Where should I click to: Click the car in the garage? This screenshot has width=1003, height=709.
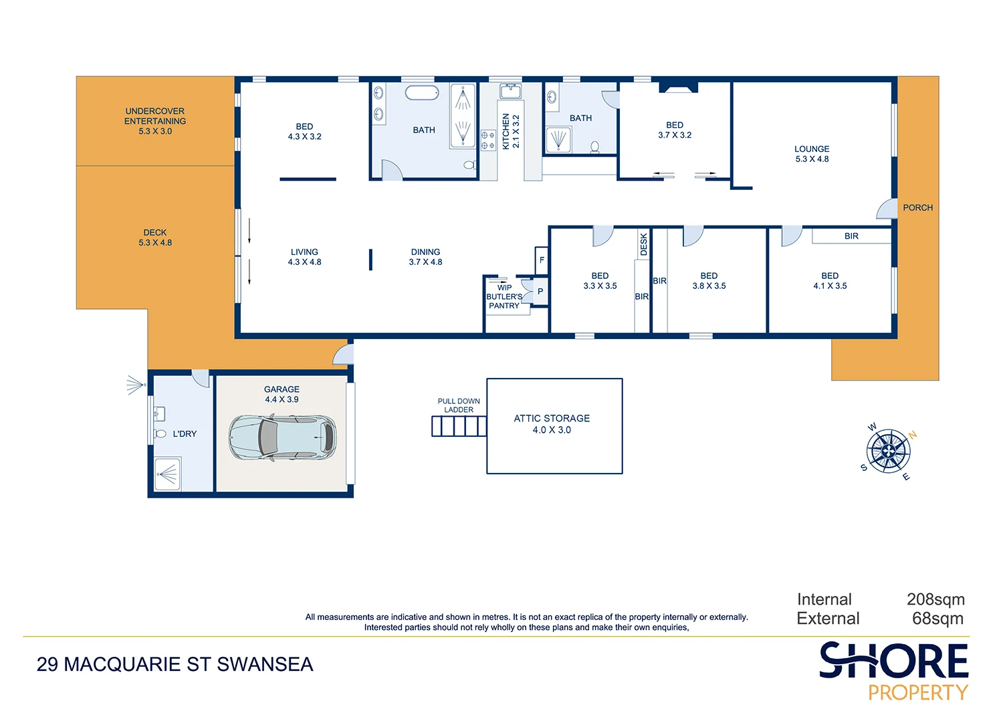(282, 438)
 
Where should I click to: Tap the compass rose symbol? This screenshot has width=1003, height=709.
(888, 452)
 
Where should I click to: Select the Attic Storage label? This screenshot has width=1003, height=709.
(552, 423)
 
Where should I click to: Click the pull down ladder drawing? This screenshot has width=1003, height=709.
(459, 426)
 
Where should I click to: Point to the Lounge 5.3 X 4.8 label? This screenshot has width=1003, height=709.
(812, 154)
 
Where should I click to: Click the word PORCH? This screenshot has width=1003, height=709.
(917, 208)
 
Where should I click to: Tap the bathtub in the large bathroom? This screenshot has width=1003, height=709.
(422, 92)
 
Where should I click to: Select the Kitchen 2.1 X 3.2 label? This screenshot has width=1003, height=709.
(511, 131)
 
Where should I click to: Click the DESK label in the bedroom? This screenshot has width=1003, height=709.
(643, 244)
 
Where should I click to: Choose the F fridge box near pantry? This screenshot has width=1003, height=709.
(542, 260)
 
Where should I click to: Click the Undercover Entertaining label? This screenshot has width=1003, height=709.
(155, 121)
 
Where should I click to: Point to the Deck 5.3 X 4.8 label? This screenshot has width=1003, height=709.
(155, 237)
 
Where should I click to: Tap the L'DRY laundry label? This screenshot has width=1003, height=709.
(185, 434)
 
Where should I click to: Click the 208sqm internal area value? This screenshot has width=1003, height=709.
(935, 599)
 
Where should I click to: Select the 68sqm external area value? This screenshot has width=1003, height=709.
(937, 619)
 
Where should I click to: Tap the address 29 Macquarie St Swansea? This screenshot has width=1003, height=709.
(175, 664)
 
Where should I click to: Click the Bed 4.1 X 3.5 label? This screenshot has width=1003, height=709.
(830, 281)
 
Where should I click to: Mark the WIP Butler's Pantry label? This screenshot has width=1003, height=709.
(504, 297)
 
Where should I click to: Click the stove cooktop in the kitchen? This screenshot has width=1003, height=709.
(488, 140)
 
